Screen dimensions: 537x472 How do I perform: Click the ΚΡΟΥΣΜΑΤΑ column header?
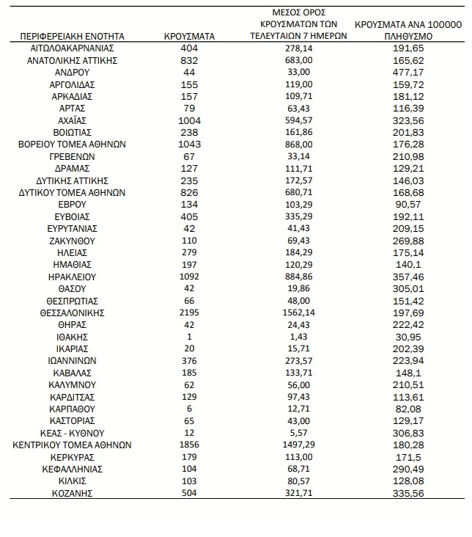pyautogui.click(x=189, y=35)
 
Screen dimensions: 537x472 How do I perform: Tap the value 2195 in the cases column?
pyautogui.click(x=189, y=313)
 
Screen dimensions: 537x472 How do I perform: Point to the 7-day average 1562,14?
pyautogui.click(x=298, y=313)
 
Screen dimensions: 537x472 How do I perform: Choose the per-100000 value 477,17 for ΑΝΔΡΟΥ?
pyautogui.click(x=408, y=73)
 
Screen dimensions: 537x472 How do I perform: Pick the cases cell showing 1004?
pyautogui.click(x=189, y=120)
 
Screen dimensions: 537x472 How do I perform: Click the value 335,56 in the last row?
pyautogui.click(x=408, y=494)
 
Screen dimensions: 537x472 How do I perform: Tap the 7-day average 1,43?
pyautogui.click(x=298, y=337)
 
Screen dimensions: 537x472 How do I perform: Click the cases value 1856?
pyautogui.click(x=189, y=445)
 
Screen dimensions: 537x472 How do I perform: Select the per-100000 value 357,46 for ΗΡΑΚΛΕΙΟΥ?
pyautogui.click(x=408, y=277)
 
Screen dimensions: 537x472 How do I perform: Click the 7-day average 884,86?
pyautogui.click(x=298, y=277)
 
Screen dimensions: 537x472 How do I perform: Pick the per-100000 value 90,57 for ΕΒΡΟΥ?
pyautogui.click(x=408, y=204)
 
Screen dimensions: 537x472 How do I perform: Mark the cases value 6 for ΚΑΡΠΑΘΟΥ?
pyautogui.click(x=189, y=409)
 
